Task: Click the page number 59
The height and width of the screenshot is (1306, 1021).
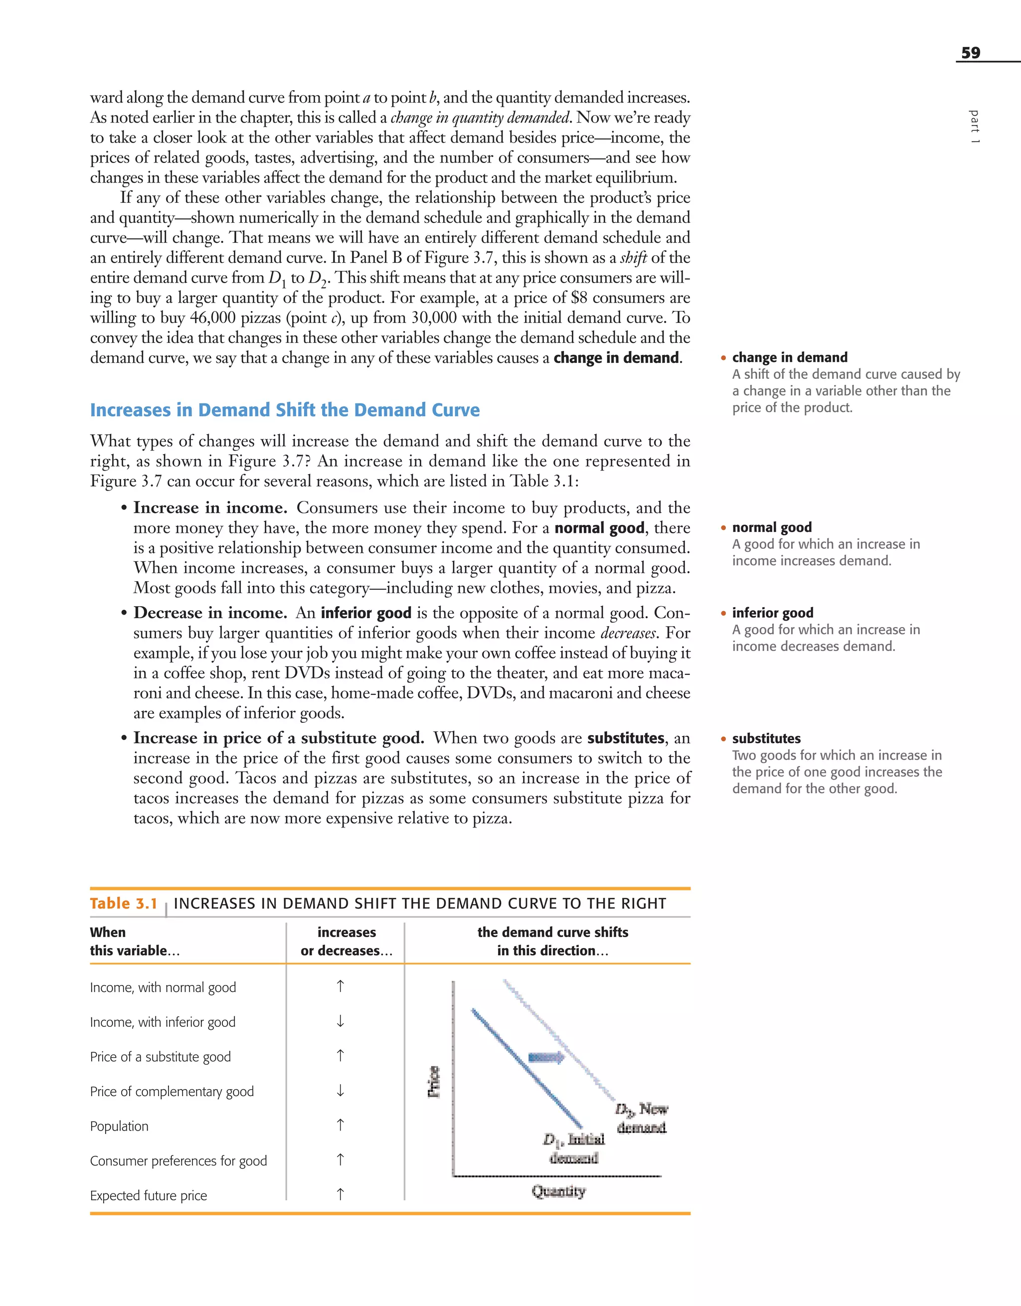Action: point(970,53)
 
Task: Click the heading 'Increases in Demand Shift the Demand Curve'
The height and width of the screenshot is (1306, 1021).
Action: point(285,410)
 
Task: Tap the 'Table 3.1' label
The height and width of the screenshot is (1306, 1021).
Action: point(123,904)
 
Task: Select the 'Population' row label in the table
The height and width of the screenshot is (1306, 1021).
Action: point(119,1126)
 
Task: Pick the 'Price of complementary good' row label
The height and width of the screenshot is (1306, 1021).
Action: point(171,1091)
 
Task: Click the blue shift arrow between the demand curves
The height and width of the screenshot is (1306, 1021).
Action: point(545,1058)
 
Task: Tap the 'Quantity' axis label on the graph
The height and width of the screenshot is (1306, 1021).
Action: point(558,1191)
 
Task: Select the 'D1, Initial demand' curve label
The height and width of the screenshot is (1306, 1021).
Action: point(574,1148)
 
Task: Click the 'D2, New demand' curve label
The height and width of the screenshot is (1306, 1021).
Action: point(641,1118)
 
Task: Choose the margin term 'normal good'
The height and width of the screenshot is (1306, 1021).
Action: point(772,527)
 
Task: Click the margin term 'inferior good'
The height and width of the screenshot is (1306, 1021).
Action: point(772,613)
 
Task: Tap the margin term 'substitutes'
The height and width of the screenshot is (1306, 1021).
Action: point(766,739)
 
